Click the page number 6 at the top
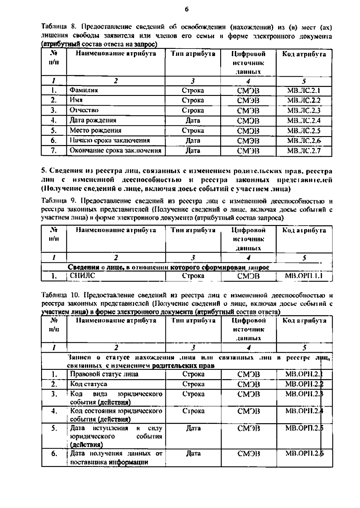pos(186,9)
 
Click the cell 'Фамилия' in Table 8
pos(84,90)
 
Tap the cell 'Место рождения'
pos(95,130)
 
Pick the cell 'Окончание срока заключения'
pos(115,150)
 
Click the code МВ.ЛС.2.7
pos(304,150)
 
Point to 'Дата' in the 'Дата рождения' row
pos(193,120)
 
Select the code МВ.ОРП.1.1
pos(304,276)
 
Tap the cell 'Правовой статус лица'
pos(104,374)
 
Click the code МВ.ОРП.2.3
pos(304,394)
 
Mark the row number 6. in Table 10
pos(54,454)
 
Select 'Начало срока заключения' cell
pos(109,140)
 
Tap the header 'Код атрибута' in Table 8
pos(304,54)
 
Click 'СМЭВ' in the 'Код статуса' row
pos(248,384)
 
